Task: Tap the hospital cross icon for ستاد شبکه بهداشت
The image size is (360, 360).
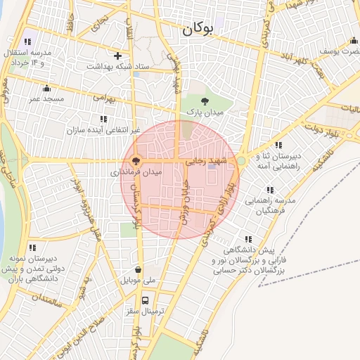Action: (x=117, y=55)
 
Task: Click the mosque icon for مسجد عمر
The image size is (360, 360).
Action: (x=47, y=88)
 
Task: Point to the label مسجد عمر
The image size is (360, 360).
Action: (x=46, y=99)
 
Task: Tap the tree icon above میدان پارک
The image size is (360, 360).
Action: (x=205, y=101)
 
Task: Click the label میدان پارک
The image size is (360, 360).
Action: (x=205, y=112)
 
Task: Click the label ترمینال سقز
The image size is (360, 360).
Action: (x=145, y=309)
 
